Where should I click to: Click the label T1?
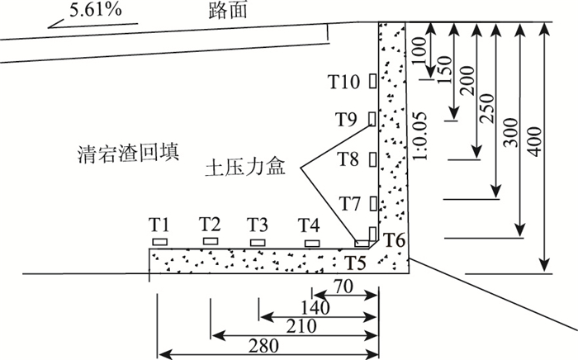click(x=159, y=224)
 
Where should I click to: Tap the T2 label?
click(x=210, y=224)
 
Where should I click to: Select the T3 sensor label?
click(x=258, y=224)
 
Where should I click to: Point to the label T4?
click(x=309, y=224)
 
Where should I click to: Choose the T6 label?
click(x=396, y=241)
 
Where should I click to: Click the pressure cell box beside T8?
click(x=372, y=159)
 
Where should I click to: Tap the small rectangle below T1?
click(x=159, y=242)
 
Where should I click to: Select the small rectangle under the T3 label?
click(x=258, y=241)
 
